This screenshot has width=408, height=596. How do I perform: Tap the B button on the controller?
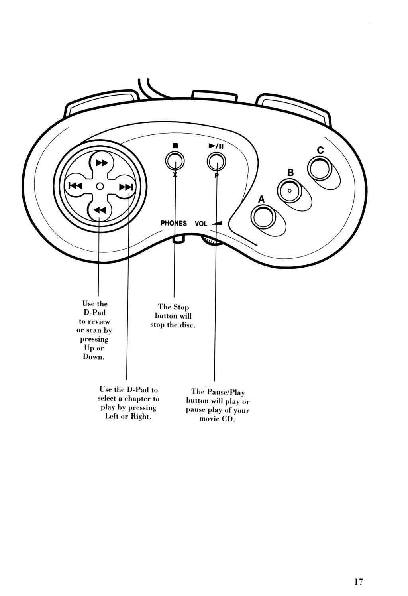click(290, 190)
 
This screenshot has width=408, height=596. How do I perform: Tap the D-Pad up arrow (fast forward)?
click(102, 163)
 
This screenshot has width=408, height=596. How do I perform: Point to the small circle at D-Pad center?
click(100, 186)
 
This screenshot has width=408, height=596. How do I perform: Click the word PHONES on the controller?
click(174, 223)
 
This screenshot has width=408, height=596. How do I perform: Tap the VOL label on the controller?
click(201, 224)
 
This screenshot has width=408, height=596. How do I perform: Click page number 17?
click(358, 582)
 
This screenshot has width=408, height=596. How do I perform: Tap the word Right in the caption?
click(141, 417)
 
